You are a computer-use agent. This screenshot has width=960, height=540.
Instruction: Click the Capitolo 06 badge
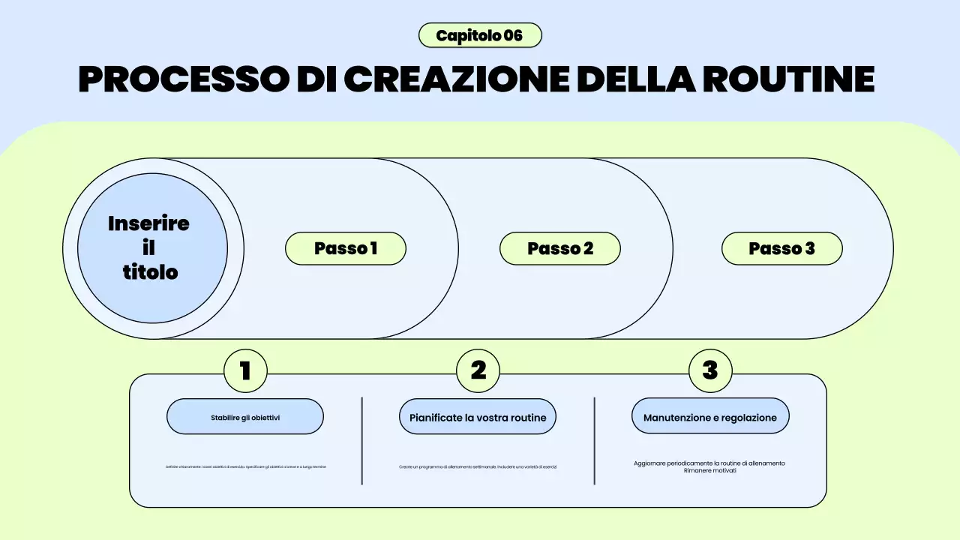[x=480, y=35]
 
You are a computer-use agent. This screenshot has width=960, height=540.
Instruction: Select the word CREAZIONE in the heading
[x=456, y=79]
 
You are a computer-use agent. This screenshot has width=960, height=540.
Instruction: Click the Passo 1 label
[x=346, y=248]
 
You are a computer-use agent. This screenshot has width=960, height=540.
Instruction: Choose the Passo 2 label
[x=560, y=248]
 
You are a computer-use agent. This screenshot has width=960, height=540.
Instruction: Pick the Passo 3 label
[x=781, y=248]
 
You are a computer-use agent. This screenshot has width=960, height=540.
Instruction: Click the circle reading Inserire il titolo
[x=152, y=248]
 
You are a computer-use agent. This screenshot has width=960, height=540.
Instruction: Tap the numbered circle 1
[x=245, y=370]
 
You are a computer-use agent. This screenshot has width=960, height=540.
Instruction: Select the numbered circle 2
[x=478, y=370]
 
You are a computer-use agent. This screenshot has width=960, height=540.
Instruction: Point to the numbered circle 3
[x=709, y=370]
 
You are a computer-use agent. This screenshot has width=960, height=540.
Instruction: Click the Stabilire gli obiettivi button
[x=245, y=417]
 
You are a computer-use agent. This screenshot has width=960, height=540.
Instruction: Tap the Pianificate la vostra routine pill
[x=478, y=417]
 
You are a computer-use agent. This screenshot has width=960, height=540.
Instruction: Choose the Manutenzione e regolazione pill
[x=710, y=417]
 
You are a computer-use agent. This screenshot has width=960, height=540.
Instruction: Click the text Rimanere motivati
[x=709, y=471]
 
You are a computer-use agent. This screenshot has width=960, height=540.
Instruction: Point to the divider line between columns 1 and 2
[x=362, y=441]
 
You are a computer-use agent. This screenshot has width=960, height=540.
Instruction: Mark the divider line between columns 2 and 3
[x=595, y=441]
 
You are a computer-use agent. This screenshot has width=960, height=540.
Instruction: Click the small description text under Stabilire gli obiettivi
[x=246, y=466]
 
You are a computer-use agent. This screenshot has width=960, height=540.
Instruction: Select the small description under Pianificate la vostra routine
[x=478, y=466]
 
